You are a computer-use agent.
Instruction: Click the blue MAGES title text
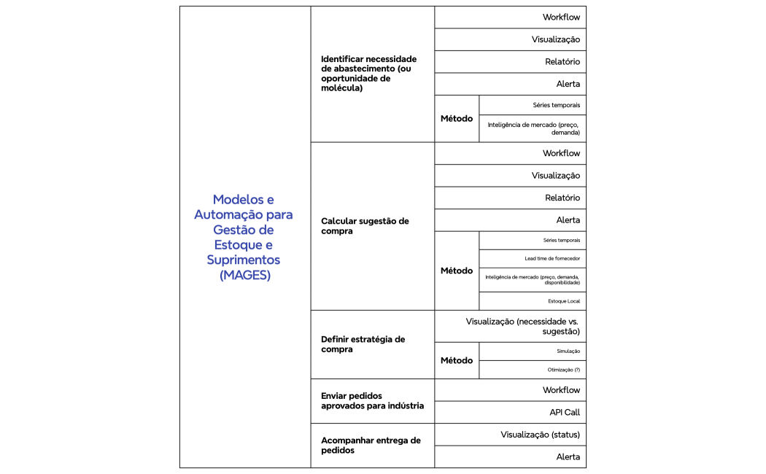click(243, 237)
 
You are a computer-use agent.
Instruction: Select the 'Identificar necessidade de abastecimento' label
click(369, 74)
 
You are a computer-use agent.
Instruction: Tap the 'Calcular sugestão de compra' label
click(365, 226)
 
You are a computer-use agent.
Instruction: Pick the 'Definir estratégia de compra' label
click(363, 344)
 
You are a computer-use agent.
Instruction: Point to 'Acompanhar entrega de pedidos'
click(371, 446)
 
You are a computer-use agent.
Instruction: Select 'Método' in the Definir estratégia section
click(457, 360)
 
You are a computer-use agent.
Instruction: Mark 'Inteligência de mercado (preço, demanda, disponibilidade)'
click(532, 280)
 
